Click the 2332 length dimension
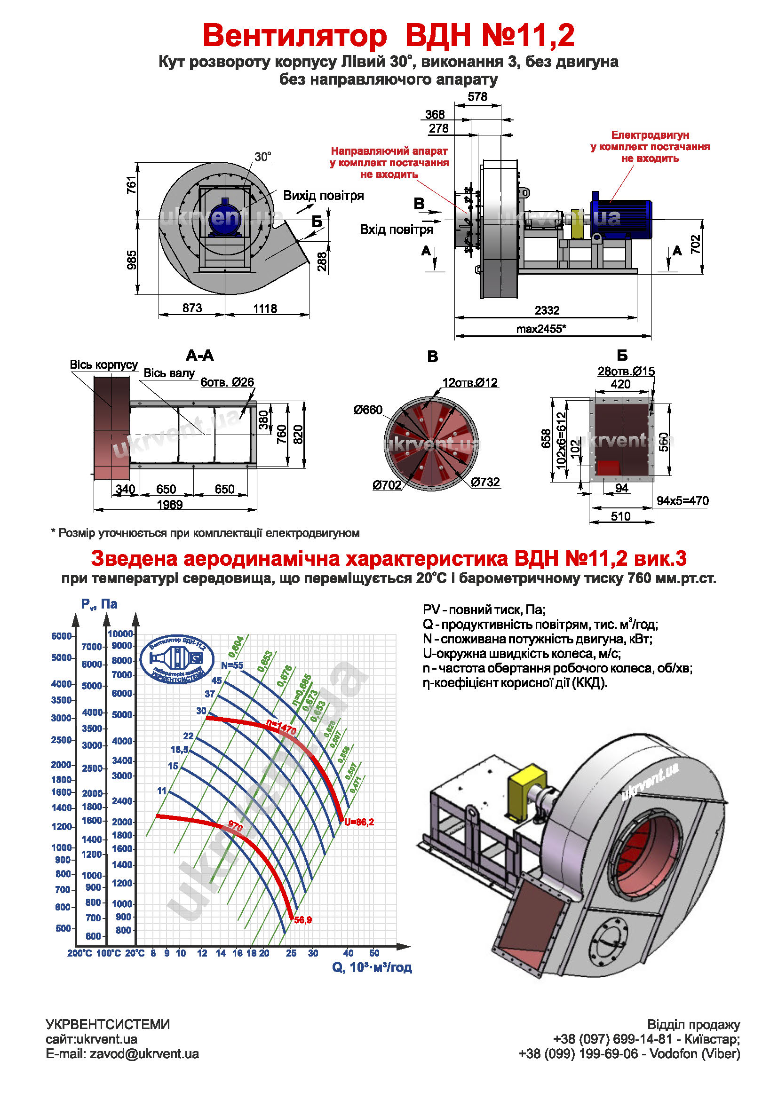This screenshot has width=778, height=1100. pos(547,310)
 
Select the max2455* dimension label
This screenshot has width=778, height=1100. pos(541,329)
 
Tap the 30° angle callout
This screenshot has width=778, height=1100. pos(262,157)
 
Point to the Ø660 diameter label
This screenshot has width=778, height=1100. pos(368,410)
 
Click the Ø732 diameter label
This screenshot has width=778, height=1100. pos(485,482)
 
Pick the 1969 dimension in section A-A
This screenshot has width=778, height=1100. pos(170,505)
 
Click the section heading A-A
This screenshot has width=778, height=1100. pos(200,356)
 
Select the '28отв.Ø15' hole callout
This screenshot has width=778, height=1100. pos(626,372)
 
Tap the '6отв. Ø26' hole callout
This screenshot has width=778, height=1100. pos(227,382)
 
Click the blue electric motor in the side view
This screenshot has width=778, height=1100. pos(621,218)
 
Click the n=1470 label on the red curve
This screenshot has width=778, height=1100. pos(281,727)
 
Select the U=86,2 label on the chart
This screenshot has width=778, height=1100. pos(359,822)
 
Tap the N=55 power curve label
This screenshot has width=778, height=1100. pos(232,665)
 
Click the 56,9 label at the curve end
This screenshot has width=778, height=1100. pos(303,920)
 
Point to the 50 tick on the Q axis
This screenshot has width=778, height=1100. pos(374,953)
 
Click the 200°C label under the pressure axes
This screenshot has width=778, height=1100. pos(79,953)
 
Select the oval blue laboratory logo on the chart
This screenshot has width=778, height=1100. pos(177,659)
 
